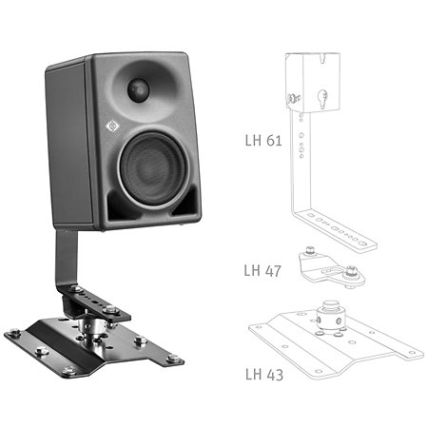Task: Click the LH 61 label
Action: click(263, 141)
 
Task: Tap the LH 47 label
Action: click(263, 271)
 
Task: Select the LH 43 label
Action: click(264, 375)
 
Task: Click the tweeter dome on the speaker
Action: click(138, 88)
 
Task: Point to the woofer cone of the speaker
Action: click(154, 169)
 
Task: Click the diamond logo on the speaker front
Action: click(112, 126)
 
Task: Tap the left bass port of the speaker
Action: click(120, 205)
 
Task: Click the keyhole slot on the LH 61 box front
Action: click(322, 98)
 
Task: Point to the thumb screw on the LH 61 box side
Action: click(293, 98)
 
